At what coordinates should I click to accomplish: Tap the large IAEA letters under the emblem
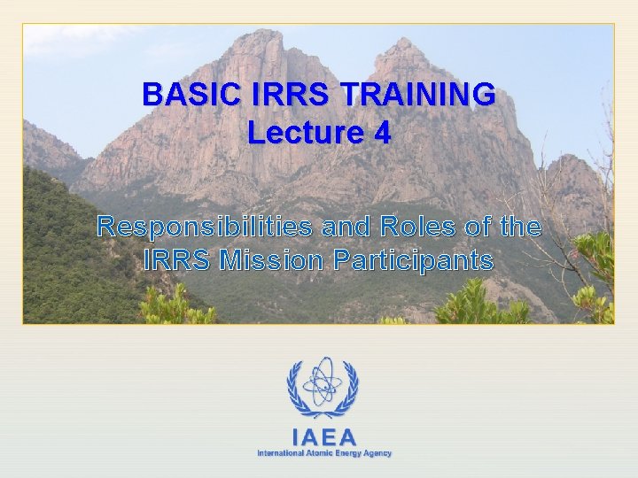click(323, 436)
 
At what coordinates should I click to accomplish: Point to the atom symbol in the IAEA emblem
click(323, 382)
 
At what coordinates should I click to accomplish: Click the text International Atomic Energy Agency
click(323, 453)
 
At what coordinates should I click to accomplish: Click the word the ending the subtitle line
click(519, 227)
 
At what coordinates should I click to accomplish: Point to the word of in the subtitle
click(477, 227)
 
